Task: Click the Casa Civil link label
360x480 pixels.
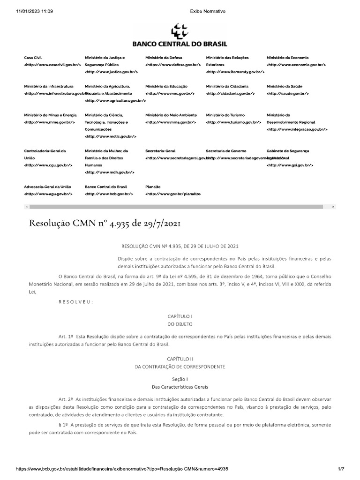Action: (33, 58)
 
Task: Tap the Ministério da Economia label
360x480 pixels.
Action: (287, 58)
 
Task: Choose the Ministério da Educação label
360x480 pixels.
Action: (166, 86)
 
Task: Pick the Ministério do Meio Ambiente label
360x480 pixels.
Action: (171, 115)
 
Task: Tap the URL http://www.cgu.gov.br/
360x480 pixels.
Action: (48, 165)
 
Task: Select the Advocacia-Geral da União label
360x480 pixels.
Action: (47, 187)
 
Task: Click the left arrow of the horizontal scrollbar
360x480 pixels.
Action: (27, 207)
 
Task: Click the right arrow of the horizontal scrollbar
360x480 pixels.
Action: (333, 207)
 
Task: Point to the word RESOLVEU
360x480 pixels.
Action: (75, 301)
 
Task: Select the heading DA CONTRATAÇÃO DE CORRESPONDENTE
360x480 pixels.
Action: (180, 366)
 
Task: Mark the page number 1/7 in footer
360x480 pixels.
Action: (341, 469)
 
